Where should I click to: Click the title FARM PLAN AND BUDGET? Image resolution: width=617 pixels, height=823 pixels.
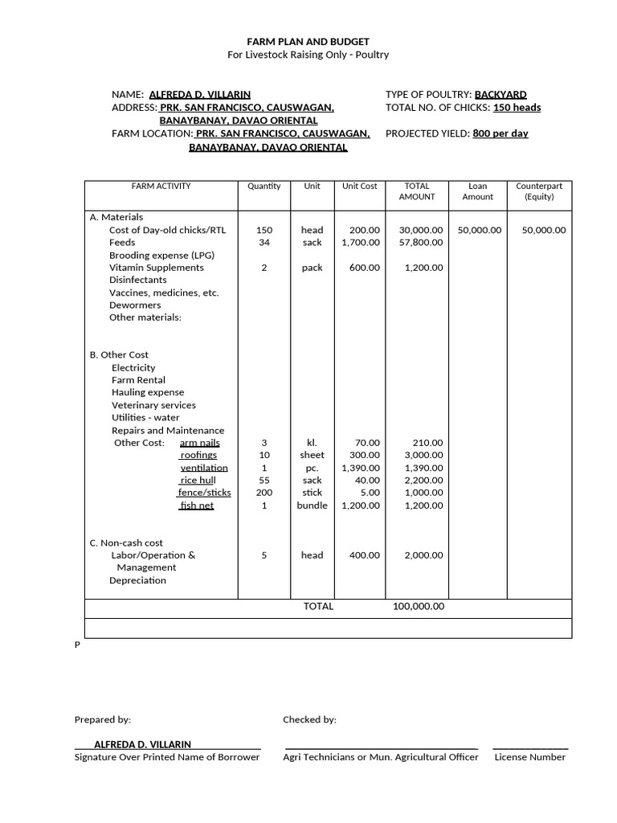click(308, 41)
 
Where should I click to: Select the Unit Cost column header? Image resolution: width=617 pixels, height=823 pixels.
click(359, 186)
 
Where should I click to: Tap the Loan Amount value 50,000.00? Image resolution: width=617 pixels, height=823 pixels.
click(479, 230)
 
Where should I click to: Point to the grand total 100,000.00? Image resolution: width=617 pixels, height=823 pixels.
click(418, 607)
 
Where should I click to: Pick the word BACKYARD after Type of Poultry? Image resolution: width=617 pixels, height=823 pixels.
click(501, 95)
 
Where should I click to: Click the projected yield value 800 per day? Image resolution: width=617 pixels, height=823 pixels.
click(501, 133)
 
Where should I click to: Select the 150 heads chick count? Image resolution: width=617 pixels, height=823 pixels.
click(517, 108)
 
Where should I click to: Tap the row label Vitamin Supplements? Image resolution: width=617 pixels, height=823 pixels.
click(157, 268)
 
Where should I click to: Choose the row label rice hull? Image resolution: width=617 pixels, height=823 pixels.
click(198, 481)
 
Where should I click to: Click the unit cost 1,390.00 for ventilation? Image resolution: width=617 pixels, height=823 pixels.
click(361, 468)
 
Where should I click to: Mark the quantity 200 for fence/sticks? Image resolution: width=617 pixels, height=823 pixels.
click(264, 493)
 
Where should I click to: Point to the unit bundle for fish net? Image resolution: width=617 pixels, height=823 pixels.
click(312, 506)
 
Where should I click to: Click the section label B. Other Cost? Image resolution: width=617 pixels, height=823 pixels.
click(119, 354)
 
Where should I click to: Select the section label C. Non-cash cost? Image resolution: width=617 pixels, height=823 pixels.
click(126, 543)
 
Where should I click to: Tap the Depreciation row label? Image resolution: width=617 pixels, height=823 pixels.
click(137, 580)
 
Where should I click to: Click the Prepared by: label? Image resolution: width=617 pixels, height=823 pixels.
click(103, 720)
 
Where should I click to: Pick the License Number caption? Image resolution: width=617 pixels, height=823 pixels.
click(530, 757)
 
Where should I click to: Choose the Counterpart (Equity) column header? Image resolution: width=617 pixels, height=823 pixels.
click(540, 191)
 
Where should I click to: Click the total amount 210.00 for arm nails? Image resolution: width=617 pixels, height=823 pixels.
click(427, 443)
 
